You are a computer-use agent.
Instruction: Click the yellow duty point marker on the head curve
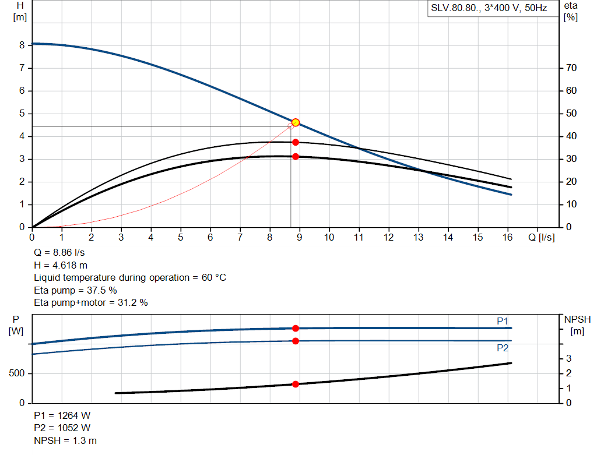(296, 122)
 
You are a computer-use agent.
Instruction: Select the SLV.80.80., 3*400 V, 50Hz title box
(489, 9)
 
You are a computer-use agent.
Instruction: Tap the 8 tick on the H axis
(22, 45)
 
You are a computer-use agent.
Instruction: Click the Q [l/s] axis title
(541, 238)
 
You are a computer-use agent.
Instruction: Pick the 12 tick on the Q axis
(389, 238)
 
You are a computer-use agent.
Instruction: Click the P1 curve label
(503, 321)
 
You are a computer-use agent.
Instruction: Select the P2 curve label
(503, 348)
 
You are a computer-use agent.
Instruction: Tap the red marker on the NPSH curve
(296, 384)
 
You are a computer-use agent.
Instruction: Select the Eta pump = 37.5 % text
(76, 290)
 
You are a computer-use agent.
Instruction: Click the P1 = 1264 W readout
(62, 415)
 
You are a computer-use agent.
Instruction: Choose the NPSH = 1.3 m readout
(65, 440)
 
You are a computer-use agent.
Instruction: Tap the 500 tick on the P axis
(16, 373)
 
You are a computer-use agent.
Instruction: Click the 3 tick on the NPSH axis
(568, 358)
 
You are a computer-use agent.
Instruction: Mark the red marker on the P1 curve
(296, 329)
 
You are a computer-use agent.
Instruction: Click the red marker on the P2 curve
(296, 341)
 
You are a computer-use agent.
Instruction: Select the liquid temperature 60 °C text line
(130, 277)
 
